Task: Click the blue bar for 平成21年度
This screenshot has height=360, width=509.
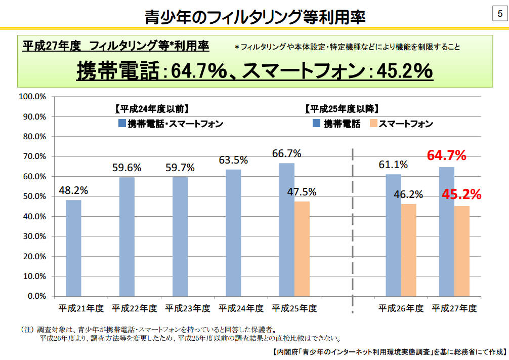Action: click(73, 248)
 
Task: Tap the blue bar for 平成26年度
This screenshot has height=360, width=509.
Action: click(393, 235)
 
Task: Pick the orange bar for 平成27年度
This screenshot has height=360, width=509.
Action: click(461, 251)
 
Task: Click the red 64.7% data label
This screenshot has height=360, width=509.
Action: click(446, 155)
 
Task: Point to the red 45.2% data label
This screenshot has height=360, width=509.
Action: click(461, 194)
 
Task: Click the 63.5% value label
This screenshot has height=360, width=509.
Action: click(233, 160)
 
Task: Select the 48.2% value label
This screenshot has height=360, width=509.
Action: click(73, 190)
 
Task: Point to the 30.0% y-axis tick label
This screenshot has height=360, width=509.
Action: click(34, 236)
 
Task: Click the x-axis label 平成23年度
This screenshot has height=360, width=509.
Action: click(187, 308)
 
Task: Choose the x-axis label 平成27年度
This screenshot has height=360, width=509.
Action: click(454, 308)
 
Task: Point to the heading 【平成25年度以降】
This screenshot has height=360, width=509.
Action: click(342, 108)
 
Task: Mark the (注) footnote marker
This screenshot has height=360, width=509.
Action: click(28, 329)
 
